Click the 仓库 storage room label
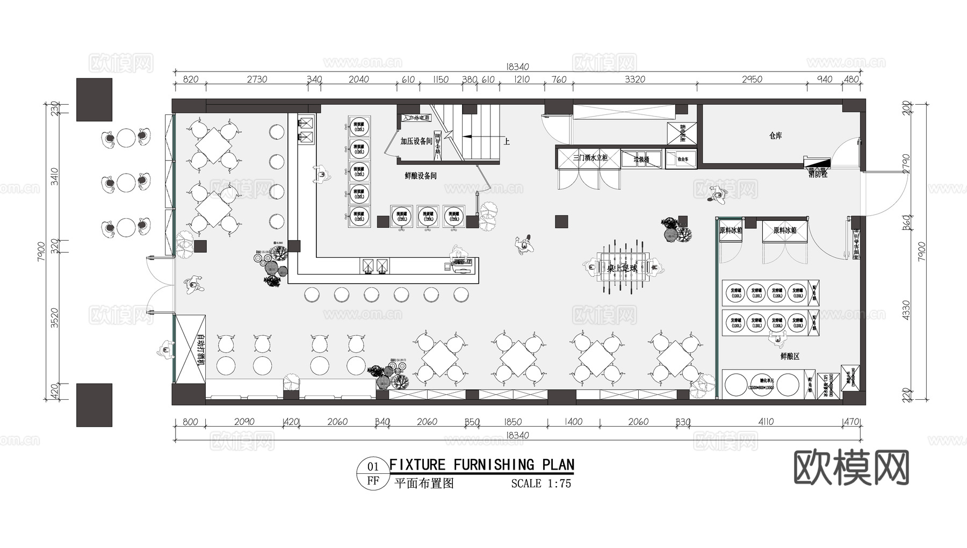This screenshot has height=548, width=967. pyautogui.click(x=775, y=136)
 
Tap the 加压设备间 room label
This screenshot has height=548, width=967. pyautogui.click(x=416, y=141)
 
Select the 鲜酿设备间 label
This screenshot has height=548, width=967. pyautogui.click(x=420, y=176)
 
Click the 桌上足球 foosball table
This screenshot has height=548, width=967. pyautogui.click(x=622, y=268)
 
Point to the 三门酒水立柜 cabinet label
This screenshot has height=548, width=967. pyautogui.click(x=590, y=158)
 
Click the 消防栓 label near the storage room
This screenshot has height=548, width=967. pyautogui.click(x=818, y=174)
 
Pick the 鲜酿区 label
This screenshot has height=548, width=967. pyautogui.click(x=790, y=356)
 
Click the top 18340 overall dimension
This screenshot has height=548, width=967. pyautogui.click(x=517, y=67)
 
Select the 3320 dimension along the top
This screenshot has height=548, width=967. pyautogui.click(x=634, y=80)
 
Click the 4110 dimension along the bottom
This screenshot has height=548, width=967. pyautogui.click(x=766, y=422)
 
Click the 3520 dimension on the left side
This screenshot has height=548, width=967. pyautogui.click(x=55, y=317)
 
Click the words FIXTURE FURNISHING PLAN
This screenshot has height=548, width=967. pyautogui.click(x=481, y=465)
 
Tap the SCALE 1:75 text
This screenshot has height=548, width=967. pyautogui.click(x=540, y=484)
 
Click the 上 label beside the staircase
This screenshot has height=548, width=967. pyautogui.click(x=506, y=142)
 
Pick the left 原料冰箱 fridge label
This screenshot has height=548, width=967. pyautogui.click(x=731, y=230)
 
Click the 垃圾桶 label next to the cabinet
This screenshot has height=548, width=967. pyautogui.click(x=641, y=160)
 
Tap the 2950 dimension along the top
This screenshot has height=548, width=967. pyautogui.click(x=752, y=80)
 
